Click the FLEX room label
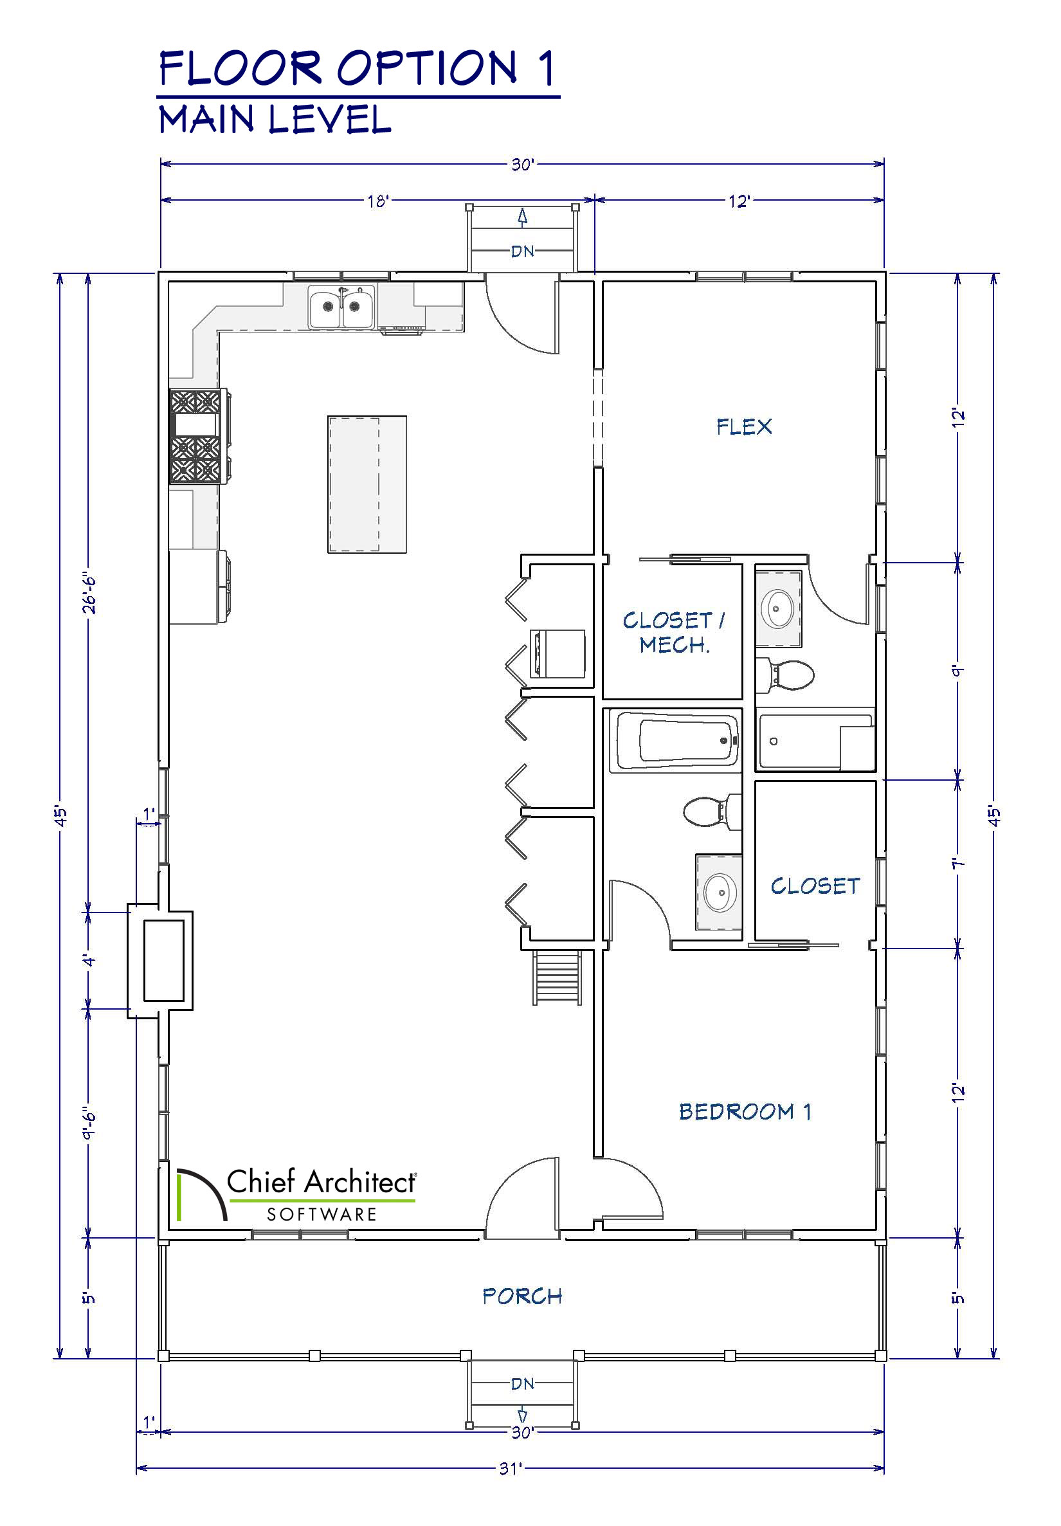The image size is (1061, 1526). click(744, 427)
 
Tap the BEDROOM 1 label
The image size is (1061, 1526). click(745, 1112)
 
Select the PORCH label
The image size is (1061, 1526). click(523, 1296)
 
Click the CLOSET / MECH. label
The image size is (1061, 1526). click(673, 632)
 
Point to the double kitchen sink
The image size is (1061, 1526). click(341, 306)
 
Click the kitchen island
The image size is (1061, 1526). click(367, 484)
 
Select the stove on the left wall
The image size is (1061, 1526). click(199, 436)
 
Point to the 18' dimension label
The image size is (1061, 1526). click(377, 201)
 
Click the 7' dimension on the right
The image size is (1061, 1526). click(958, 864)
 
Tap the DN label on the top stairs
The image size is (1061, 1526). click(523, 251)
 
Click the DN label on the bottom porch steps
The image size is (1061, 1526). click(523, 1384)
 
